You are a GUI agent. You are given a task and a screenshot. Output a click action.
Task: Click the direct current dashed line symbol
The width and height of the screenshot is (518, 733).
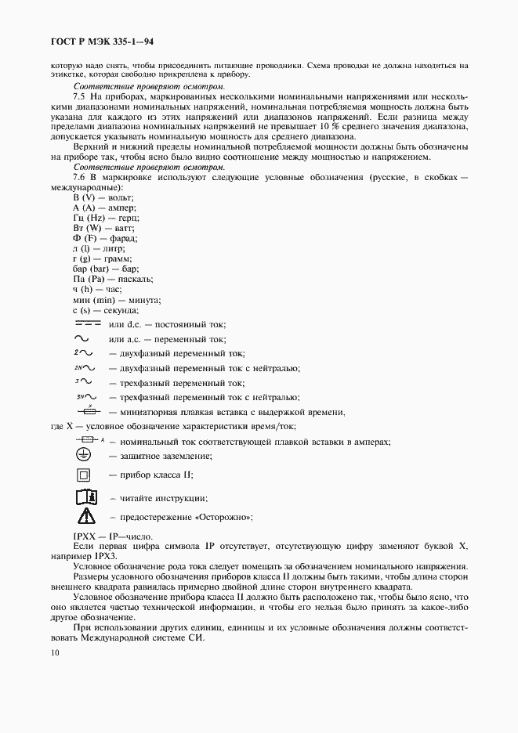[x=88, y=323]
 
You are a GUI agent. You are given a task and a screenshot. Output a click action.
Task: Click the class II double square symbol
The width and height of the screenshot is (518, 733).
[x=84, y=475]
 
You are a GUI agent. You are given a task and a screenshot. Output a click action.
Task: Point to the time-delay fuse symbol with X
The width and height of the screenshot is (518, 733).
[x=88, y=411]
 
